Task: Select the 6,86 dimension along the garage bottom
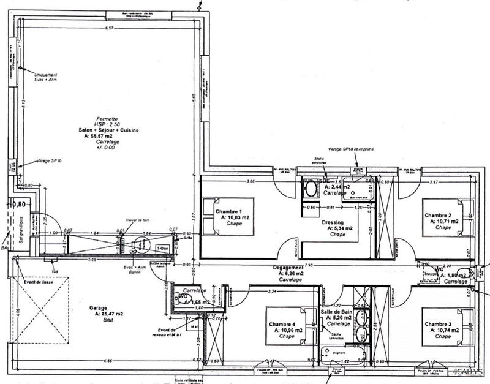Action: point(108,361)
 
